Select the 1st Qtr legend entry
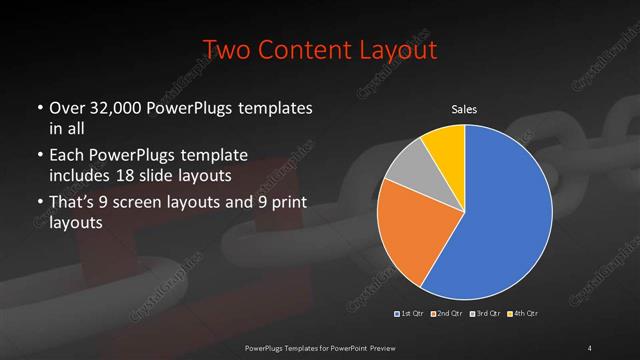(411, 314)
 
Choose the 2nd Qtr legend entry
(447, 314)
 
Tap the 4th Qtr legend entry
(523, 314)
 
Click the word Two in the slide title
(225, 49)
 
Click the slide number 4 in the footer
(590, 347)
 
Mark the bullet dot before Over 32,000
(40, 108)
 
